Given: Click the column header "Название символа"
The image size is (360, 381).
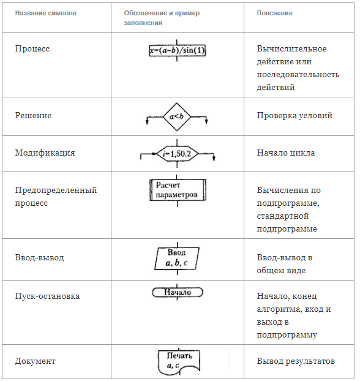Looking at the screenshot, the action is tap(46, 13).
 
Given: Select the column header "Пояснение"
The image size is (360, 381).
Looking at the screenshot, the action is tap(274, 13).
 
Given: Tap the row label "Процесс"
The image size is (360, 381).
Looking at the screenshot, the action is tap(32, 49).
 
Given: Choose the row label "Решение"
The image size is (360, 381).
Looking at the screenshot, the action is tap(33, 115).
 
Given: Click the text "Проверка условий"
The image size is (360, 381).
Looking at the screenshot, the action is tap(294, 115).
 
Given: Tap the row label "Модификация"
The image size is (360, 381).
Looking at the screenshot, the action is tap(45, 153).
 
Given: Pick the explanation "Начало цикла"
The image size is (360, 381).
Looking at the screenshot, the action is tap(286, 153).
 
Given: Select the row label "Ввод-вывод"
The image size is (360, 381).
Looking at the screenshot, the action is tap(39, 257).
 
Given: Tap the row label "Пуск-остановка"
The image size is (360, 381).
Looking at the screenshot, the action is tap(47, 296).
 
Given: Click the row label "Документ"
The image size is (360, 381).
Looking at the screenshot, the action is tap(36, 361).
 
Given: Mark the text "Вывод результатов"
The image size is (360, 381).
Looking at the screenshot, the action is tap(296, 361).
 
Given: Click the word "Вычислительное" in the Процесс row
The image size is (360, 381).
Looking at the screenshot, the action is tap(292, 49).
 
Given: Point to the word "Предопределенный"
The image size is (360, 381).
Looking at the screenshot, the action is tap(56, 190).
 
